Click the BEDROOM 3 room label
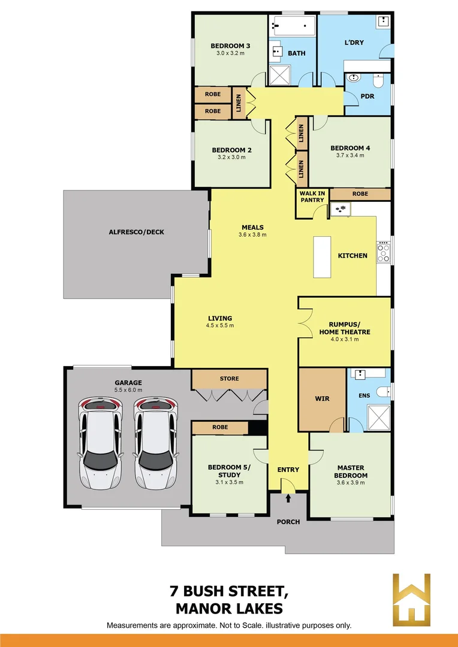coord(230,46)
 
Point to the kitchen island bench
coord(323,256)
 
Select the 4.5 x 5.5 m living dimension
coord(220,326)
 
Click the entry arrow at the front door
coord(288,497)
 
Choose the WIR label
coord(322,398)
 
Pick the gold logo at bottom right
coord(411,599)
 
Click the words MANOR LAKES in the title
coord(228,609)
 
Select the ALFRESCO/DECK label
coord(137,232)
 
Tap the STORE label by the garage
coord(229,379)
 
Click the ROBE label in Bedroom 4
coord(360,194)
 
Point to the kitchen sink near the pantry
coord(342,209)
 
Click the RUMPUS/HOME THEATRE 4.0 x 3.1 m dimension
coord(344,339)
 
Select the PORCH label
coord(288,522)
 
